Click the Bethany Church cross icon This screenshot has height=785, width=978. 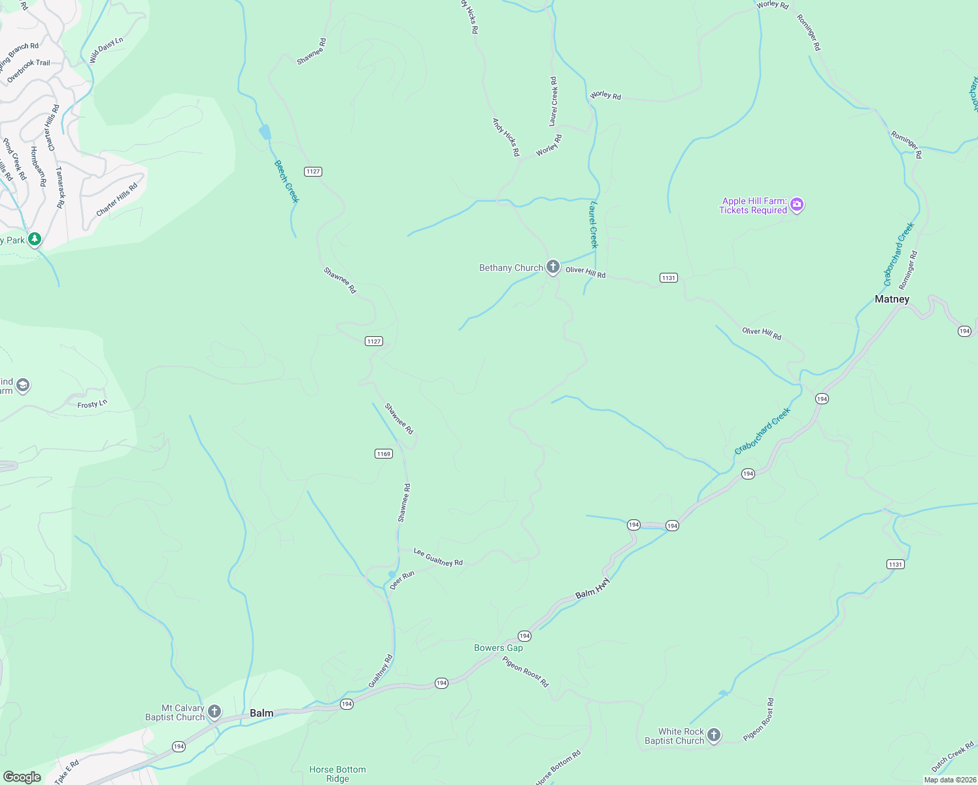tap(553, 266)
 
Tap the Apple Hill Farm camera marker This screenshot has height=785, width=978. tap(796, 205)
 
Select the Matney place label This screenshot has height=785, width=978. tap(892, 299)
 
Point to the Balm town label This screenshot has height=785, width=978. tap(261, 713)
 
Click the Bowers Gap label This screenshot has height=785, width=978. tap(498, 648)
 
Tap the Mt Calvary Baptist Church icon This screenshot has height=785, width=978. tap(214, 711)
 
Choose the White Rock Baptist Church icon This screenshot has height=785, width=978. tap(714, 735)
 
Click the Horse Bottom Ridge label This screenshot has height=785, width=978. tap(337, 774)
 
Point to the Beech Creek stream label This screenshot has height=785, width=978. tap(286, 181)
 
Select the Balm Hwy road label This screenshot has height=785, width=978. tap(592, 587)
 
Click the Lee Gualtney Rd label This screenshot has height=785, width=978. tap(438, 557)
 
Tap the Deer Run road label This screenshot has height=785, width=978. tap(402, 580)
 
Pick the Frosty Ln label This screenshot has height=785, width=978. tap(92, 404)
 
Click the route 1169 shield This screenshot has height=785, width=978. tap(384, 453)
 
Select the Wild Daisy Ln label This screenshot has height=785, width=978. tap(106, 50)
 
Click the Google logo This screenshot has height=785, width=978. tap(22, 776)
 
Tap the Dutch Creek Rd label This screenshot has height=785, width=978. tap(953, 756)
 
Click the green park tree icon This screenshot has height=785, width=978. tap(35, 239)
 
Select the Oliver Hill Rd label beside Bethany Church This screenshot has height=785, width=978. tap(585, 272)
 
